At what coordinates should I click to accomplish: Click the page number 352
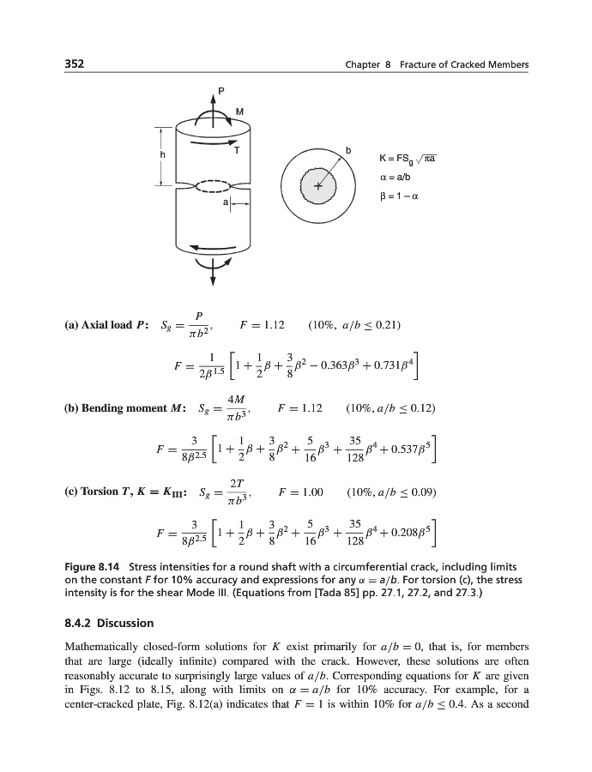76,66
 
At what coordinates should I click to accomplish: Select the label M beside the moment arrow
239,112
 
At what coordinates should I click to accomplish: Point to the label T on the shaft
236,150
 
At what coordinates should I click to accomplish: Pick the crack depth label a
226,202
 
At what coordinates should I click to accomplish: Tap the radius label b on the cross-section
347,151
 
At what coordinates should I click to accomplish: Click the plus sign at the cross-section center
317,186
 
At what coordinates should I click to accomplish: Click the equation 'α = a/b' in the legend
396,177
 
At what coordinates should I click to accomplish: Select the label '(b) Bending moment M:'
128,407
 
